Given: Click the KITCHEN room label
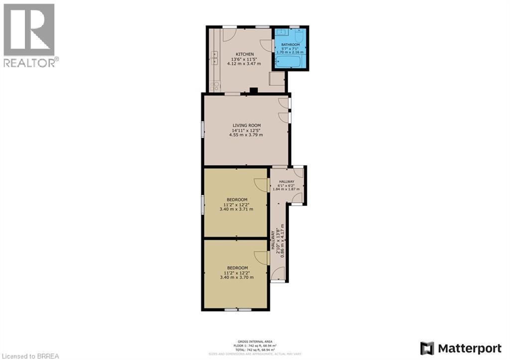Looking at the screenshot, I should (x=245, y=54).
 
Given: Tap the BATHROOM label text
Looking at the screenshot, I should (x=290, y=44).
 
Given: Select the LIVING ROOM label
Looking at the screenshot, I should (x=246, y=125).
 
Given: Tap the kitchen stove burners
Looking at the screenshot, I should (x=215, y=86).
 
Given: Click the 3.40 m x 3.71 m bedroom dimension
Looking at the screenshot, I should (x=236, y=209).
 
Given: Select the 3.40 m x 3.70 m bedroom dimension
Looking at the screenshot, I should (x=236, y=278).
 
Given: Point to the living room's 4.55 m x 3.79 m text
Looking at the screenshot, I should (x=246, y=135).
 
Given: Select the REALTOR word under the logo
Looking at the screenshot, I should (x=30, y=62).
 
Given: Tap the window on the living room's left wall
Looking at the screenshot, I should (x=202, y=129).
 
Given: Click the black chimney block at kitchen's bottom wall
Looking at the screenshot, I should (x=254, y=91).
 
